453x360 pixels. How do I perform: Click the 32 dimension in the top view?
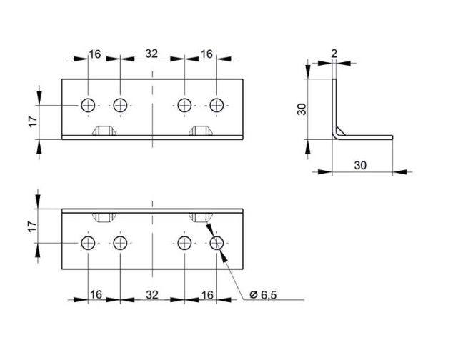tap(151, 54)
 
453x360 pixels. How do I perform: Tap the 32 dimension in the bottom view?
tap(152, 295)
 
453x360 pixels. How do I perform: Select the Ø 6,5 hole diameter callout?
tap(263, 295)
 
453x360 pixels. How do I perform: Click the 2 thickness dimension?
tap(334, 54)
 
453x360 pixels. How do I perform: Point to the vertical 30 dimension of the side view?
tap(302, 109)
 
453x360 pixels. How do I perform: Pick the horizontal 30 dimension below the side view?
tap(360, 165)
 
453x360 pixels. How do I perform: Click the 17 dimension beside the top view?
tap(33, 121)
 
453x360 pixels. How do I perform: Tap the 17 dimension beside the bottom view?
tap(32, 226)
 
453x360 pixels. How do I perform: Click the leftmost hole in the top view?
tap(88, 105)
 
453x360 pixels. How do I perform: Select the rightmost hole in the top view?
tap(216, 105)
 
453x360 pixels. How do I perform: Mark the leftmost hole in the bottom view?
tap(88, 243)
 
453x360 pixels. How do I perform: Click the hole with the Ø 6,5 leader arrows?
tap(216, 243)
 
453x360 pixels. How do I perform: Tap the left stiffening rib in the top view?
tap(104, 131)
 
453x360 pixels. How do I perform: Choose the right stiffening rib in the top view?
tap(201, 131)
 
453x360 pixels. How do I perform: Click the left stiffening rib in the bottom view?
tap(104, 218)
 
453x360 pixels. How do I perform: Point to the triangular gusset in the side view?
tap(340, 131)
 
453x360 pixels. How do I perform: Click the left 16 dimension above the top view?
tap(95, 54)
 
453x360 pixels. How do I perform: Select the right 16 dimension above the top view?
tap(206, 54)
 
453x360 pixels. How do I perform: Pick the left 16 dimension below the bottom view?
tap(96, 295)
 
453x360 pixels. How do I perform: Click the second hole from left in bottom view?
tap(120, 243)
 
